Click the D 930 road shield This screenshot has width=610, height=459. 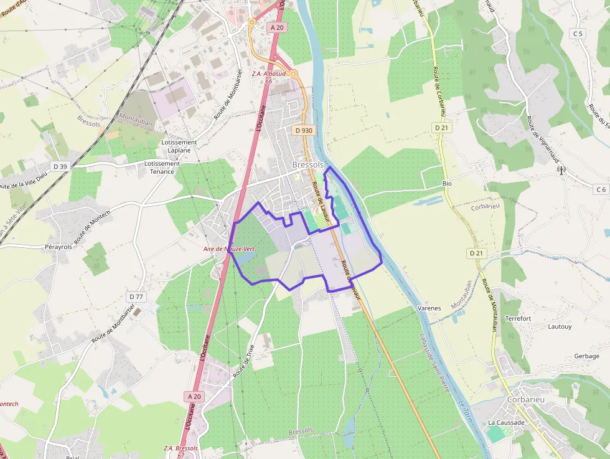pyautogui.click(x=303, y=131)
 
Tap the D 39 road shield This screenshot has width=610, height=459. pyautogui.click(x=60, y=166)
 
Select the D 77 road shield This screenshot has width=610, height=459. pyautogui.click(x=135, y=296)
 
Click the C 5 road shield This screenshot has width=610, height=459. pyautogui.click(x=578, y=33)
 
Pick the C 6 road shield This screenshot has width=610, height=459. pyautogui.click(x=600, y=189)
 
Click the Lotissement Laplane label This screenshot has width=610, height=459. pyautogui.click(x=179, y=146)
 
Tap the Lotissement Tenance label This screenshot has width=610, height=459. pyautogui.click(x=162, y=168)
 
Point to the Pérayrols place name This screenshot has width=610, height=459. pyautogui.click(x=59, y=247)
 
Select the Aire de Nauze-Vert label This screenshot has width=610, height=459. pyautogui.click(x=229, y=248)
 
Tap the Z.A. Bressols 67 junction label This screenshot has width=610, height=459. pyautogui.click(x=181, y=452)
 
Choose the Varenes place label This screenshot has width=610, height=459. pyautogui.click(x=429, y=308)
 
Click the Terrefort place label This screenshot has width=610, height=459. pyautogui.click(x=518, y=318)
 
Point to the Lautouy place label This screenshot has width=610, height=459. pyautogui.click(x=560, y=326)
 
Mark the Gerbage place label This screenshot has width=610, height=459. pyautogui.click(x=586, y=356)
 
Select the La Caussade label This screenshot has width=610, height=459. pyautogui.click(x=506, y=422)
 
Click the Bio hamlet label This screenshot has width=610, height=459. pyautogui.click(x=446, y=184)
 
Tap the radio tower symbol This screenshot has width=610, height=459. pyautogui.click(x=560, y=169)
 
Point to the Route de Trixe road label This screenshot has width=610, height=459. pyautogui.click(x=244, y=362)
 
